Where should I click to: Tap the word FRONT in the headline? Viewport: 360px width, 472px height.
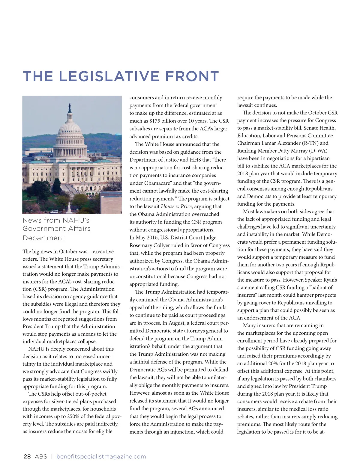click(192, 76)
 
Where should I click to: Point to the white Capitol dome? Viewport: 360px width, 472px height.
click(70, 129)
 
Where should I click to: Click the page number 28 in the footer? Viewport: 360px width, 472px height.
click(27, 456)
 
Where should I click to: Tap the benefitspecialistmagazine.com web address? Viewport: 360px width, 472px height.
click(101, 456)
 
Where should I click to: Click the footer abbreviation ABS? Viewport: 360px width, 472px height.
click(41, 456)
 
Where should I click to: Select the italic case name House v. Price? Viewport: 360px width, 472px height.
click(176, 206)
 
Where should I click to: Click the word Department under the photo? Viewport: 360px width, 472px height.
click(43, 238)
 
